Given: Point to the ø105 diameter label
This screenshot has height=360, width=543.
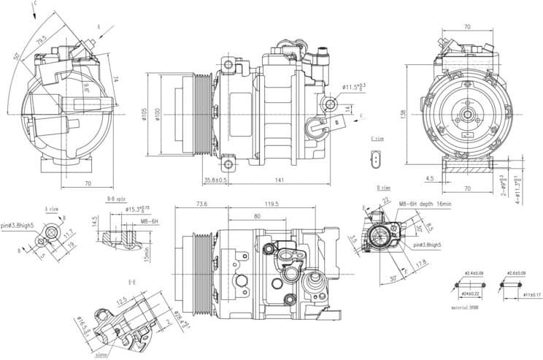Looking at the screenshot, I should pyautogui.click(x=145, y=115).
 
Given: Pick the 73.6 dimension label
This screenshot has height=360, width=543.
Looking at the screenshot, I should pyautogui.click(x=202, y=204).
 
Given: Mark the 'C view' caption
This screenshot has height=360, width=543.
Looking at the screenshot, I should pyautogui.click(x=377, y=138).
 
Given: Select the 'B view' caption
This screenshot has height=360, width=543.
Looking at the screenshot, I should pyautogui.click(x=384, y=188).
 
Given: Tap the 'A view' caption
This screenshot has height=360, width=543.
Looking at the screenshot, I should pyautogui.click(x=52, y=207).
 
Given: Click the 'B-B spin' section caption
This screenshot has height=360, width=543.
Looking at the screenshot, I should pyautogui.click(x=117, y=199).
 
